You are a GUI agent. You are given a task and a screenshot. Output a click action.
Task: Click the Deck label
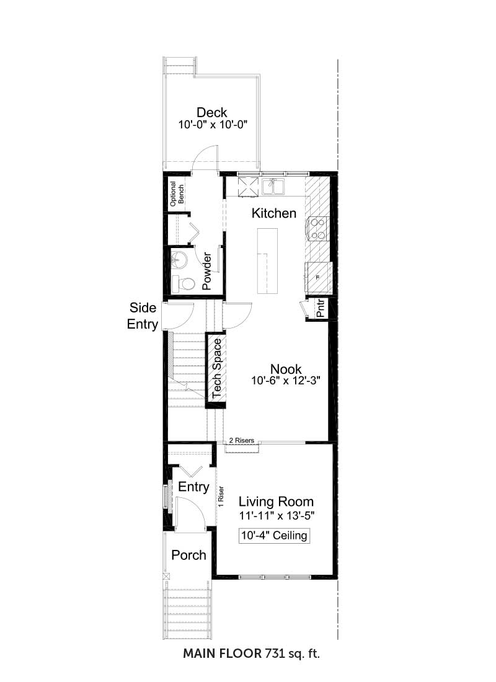(211, 113)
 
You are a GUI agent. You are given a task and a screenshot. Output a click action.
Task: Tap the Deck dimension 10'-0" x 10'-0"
(213, 125)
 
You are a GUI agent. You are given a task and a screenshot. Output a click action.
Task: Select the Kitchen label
(273, 213)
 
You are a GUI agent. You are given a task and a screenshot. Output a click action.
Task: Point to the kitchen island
(267, 260)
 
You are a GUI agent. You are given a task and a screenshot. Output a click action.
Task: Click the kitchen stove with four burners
(318, 229)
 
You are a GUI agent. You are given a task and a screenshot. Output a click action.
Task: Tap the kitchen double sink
(273, 187)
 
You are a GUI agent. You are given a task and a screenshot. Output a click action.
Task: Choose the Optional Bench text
(177, 194)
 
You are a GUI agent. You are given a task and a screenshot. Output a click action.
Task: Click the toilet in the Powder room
(182, 284)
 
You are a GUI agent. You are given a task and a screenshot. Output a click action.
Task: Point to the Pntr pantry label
(321, 308)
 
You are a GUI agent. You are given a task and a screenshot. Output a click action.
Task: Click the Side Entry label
(142, 316)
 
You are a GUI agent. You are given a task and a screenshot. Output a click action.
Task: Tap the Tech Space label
(216, 368)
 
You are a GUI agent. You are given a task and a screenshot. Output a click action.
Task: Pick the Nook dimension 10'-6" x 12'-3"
(286, 381)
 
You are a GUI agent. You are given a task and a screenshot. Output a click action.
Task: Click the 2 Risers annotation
(241, 441)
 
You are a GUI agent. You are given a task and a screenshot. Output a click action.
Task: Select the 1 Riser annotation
(221, 496)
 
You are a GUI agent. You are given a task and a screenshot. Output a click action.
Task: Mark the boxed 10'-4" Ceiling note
(274, 535)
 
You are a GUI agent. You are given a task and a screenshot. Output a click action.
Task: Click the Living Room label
(276, 502)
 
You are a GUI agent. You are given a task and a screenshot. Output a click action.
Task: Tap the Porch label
(188, 555)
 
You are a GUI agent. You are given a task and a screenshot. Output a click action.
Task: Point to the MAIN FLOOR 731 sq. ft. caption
(252, 653)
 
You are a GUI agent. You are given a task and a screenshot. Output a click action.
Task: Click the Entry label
(193, 487)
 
